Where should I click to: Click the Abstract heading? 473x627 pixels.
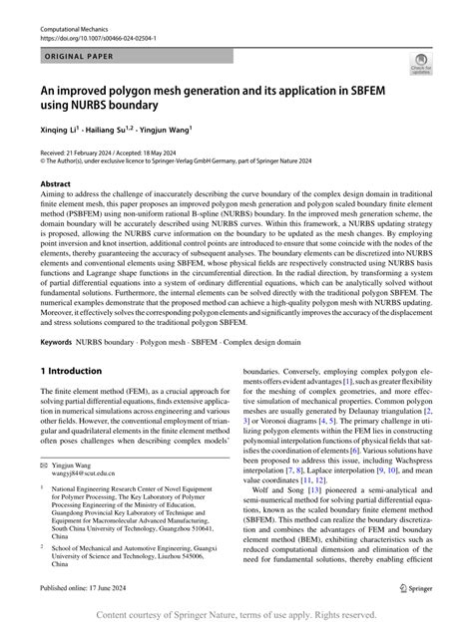pyautogui.click(x=55, y=185)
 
